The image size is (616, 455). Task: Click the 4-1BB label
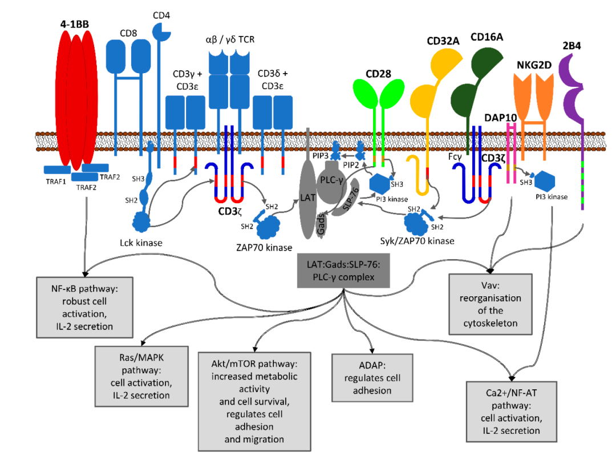76,25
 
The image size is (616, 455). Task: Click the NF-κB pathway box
84,306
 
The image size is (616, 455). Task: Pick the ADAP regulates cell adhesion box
367,377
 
